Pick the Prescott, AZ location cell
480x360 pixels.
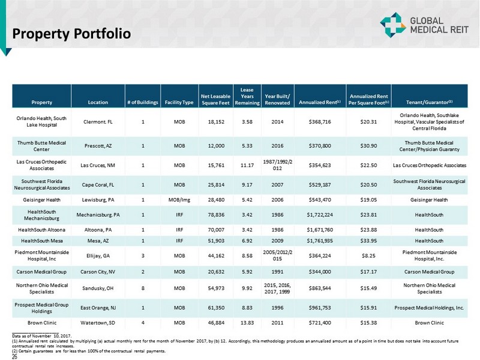(98, 145)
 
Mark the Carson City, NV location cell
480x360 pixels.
(98, 271)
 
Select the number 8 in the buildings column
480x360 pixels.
(143, 288)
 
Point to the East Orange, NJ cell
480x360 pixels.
(98, 308)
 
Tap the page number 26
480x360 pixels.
(16, 356)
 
